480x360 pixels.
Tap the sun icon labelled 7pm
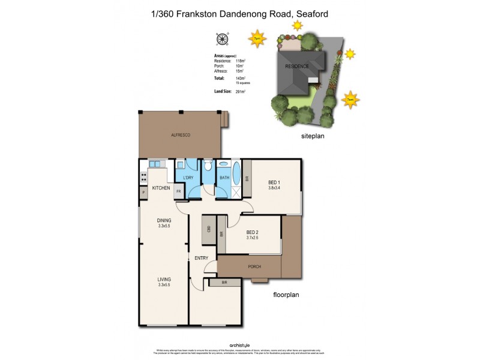[x=257, y=38]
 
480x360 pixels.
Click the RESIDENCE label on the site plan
[x=296, y=66]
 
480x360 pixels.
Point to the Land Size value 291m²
[x=241, y=91]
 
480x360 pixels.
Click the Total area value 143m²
[x=241, y=78]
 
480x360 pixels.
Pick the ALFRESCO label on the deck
[x=181, y=136]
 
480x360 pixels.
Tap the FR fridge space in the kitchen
[x=179, y=191]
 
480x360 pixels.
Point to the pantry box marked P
[x=143, y=192]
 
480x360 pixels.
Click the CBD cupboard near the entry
[x=208, y=230]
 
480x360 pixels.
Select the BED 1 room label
[x=275, y=183]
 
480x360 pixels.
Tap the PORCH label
[x=254, y=266]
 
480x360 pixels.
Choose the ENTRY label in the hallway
[x=201, y=258]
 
